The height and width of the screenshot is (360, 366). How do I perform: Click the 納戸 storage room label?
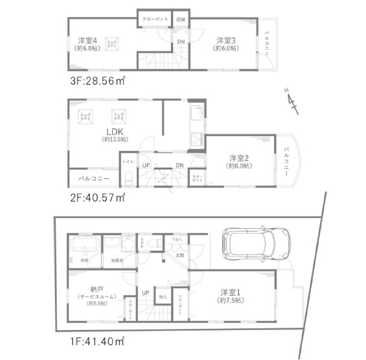click(97, 289)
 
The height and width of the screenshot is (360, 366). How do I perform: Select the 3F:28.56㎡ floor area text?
click(97, 82)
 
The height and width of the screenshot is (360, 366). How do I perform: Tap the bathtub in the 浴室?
click(84, 246)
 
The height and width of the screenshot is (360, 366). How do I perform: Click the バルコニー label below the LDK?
click(94, 178)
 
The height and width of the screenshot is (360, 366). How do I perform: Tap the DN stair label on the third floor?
click(180, 42)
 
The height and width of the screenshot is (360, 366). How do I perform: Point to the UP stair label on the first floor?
click(146, 293)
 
